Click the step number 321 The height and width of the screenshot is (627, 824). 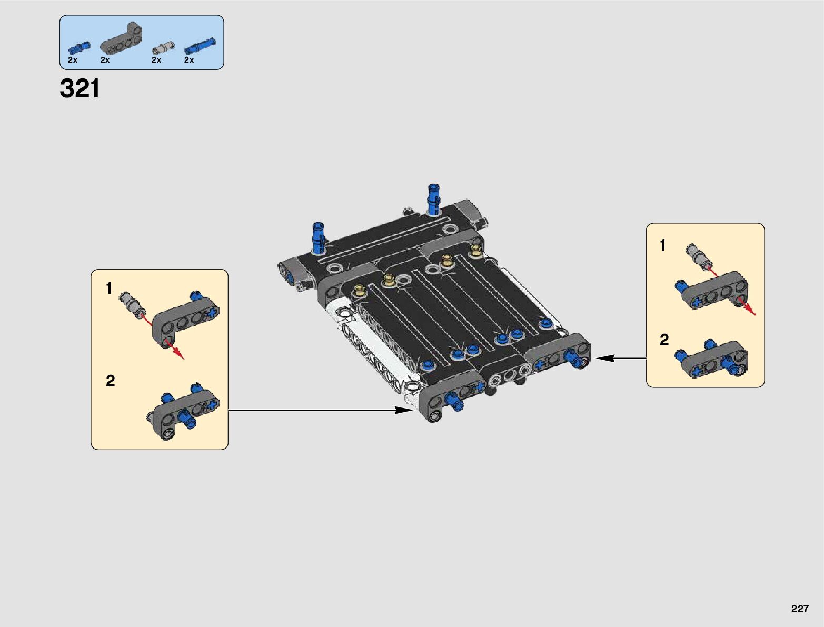tap(80, 89)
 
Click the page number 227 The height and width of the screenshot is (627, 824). tap(799, 609)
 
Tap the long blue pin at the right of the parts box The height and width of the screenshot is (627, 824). tap(200, 46)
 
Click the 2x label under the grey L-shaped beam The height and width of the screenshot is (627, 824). tap(105, 60)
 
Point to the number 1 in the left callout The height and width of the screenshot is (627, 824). tap(109, 288)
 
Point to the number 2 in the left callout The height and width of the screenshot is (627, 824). tap(110, 381)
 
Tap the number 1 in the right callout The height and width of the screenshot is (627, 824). tap(663, 245)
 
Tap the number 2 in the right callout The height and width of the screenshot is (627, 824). tap(664, 340)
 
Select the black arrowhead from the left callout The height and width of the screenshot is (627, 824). tap(406, 410)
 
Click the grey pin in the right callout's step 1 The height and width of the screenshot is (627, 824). tap(697, 256)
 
